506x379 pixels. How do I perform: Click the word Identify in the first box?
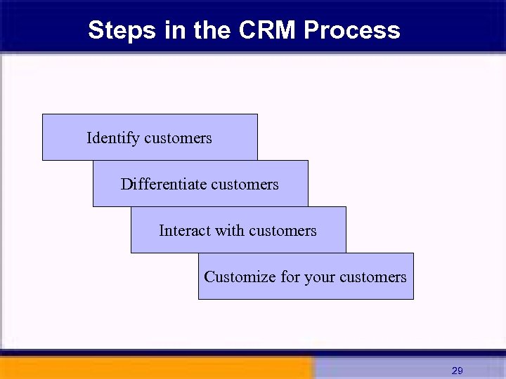pyautogui.click(x=112, y=138)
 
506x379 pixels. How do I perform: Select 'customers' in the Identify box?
pyautogui.click(x=178, y=138)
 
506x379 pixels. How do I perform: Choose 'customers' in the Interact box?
pyautogui.click(x=283, y=231)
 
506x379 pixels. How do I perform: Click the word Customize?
pyautogui.click(x=240, y=277)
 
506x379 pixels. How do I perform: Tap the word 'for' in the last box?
pyautogui.click(x=290, y=277)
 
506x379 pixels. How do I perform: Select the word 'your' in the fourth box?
pyautogui.click(x=320, y=277)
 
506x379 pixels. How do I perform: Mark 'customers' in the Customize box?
pyautogui.click(x=372, y=277)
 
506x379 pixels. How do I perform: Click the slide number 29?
pyautogui.click(x=457, y=370)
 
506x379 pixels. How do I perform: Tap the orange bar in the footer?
pyautogui.click(x=155, y=368)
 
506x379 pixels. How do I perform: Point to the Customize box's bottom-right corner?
pyautogui.click(x=413, y=298)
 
